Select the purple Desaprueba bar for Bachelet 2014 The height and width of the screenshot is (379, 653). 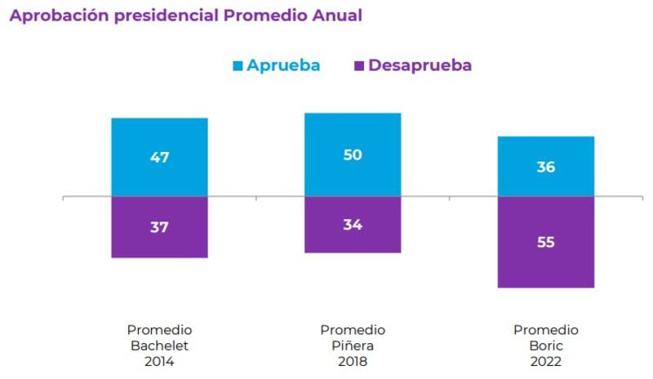point(159,245)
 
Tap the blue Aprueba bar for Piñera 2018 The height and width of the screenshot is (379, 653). point(353,131)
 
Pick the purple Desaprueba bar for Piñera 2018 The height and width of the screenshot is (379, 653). point(353,241)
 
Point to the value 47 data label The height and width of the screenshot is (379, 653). point(159,158)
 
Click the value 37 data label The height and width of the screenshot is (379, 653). point(159,227)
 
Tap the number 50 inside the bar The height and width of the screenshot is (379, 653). point(353,154)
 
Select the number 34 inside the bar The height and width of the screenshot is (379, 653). point(353,225)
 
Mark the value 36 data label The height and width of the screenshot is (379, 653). point(546,167)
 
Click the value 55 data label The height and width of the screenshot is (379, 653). point(546,243)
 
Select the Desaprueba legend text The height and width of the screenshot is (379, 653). point(420,65)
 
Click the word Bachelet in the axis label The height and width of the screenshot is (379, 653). point(159,346)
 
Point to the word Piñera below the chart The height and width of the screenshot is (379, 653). point(353,346)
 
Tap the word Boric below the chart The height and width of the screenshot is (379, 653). point(546,346)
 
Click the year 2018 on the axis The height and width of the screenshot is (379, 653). point(353,361)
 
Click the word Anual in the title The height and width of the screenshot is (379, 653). point(335,16)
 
